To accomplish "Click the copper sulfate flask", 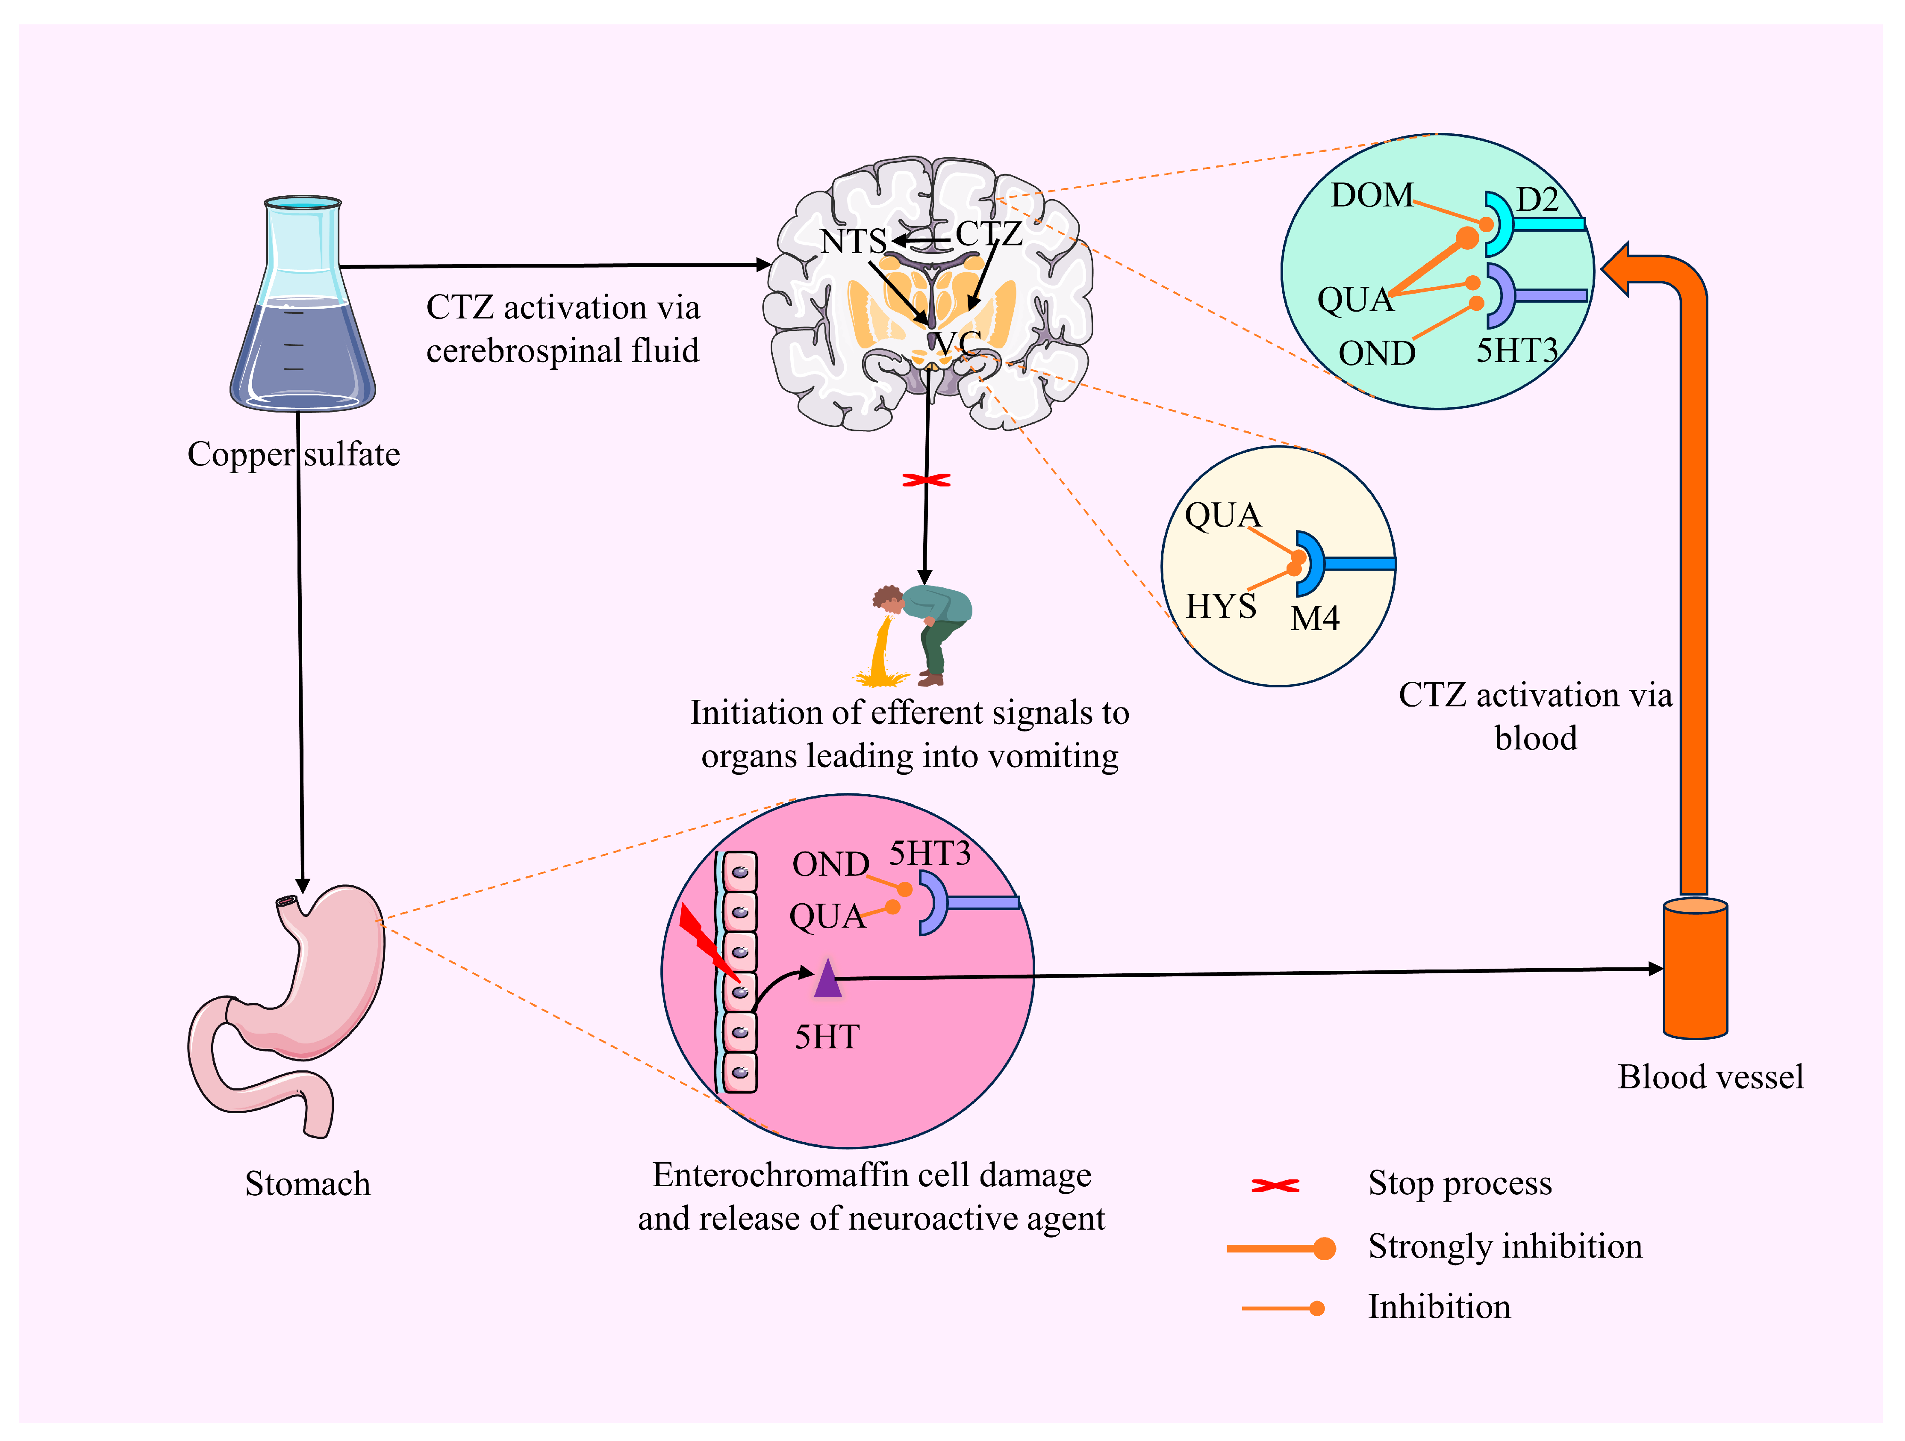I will click(x=301, y=310).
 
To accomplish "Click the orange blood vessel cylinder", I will click(x=1695, y=969).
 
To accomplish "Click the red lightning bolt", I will click(x=706, y=943).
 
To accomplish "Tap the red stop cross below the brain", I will click(x=926, y=480).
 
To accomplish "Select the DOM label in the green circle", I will click(x=1371, y=195).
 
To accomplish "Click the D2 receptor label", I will click(x=1537, y=200).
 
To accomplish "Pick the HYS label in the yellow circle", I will click(x=1220, y=607).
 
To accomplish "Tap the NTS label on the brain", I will click(x=853, y=241).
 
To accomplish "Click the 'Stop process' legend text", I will click(x=1460, y=1184).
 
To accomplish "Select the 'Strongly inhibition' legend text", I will click(x=1505, y=1247).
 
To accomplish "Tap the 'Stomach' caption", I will click(x=307, y=1184).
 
